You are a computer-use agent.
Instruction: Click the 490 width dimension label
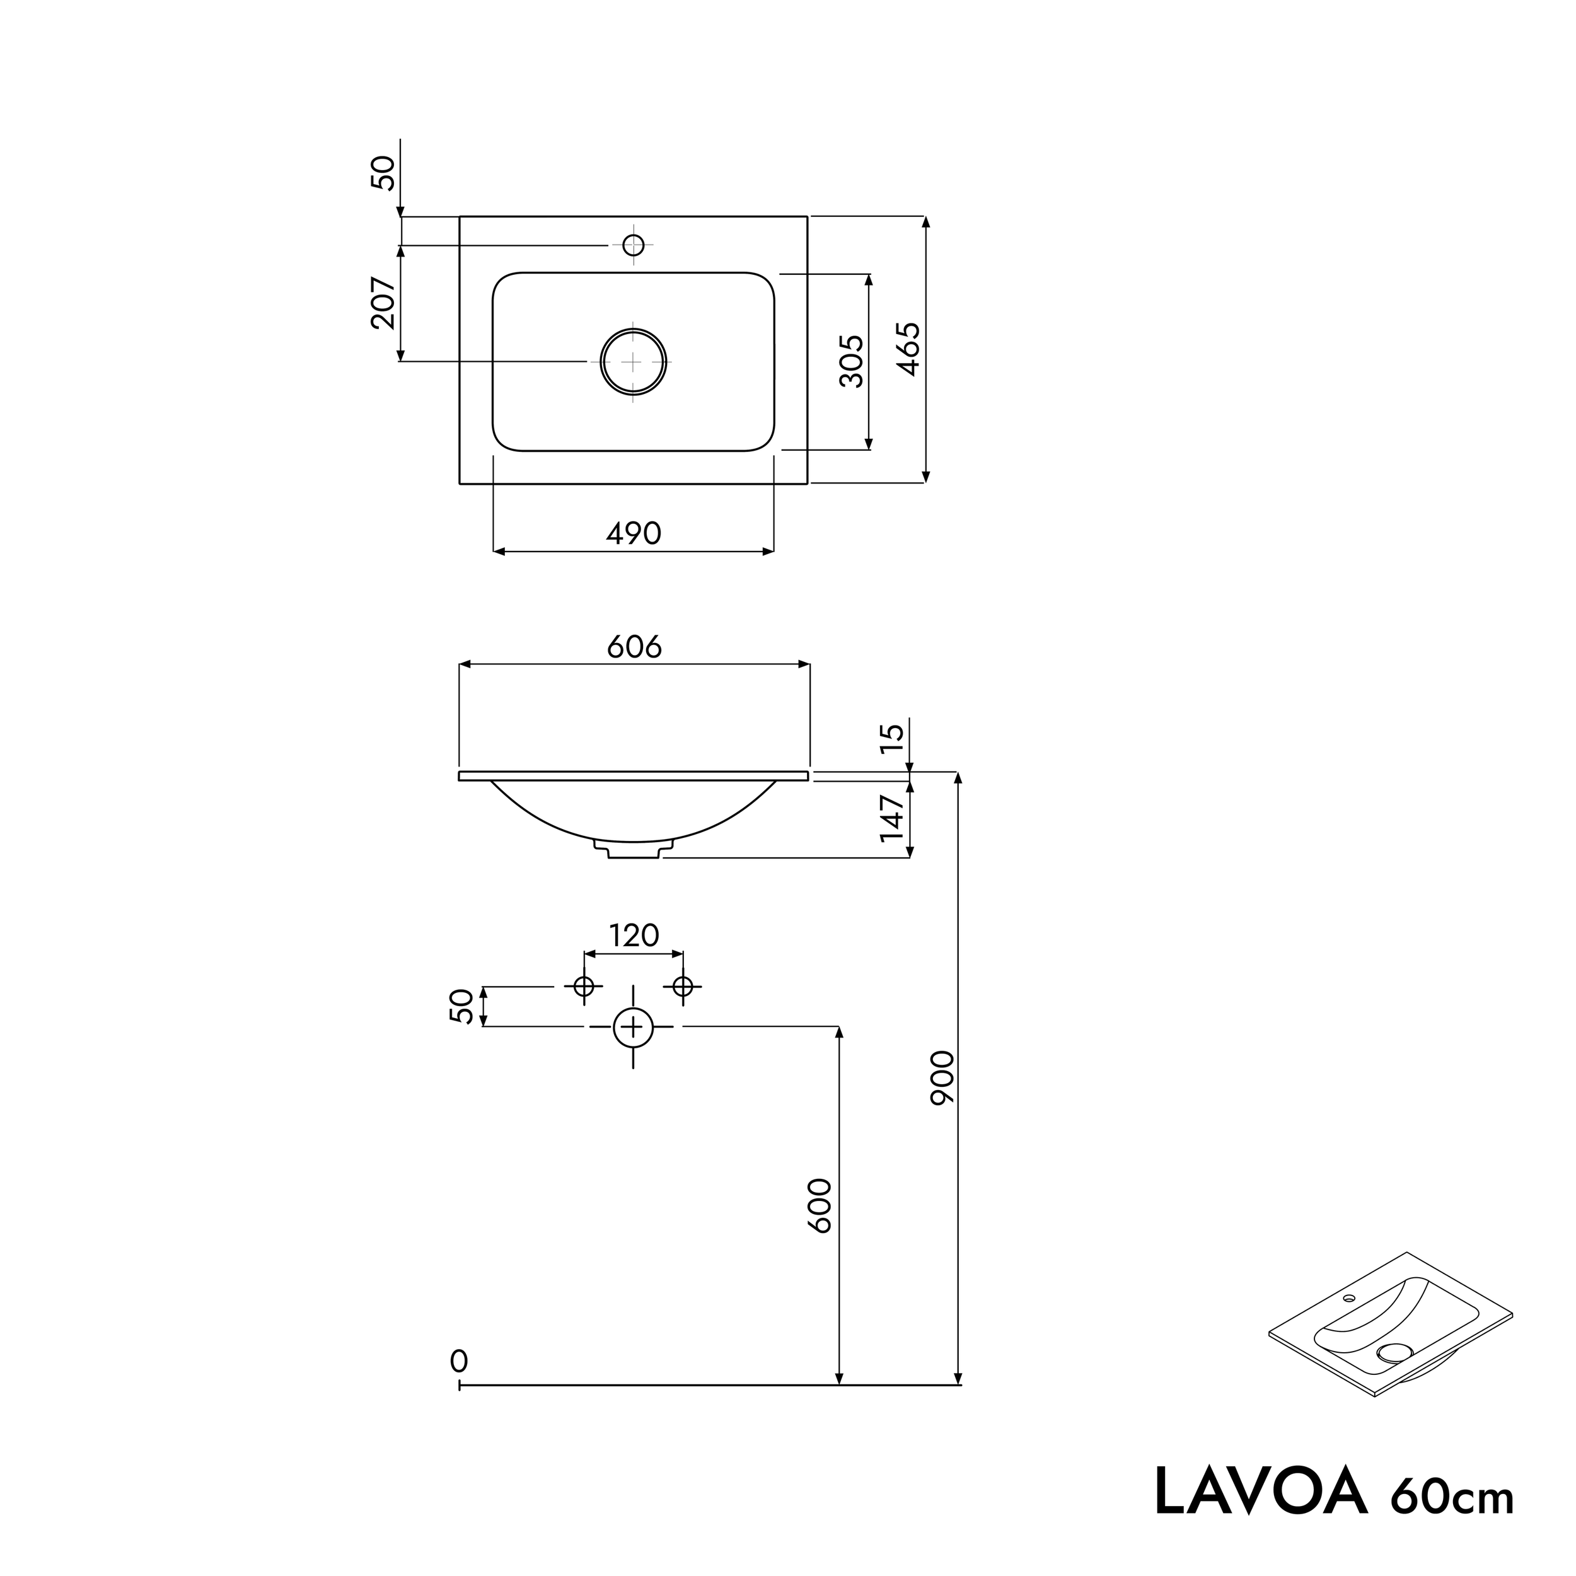[633, 533]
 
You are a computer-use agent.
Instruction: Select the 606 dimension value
[634, 647]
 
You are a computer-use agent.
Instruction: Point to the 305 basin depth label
[851, 361]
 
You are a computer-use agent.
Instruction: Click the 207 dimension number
[383, 303]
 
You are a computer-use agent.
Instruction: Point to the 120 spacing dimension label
[634, 935]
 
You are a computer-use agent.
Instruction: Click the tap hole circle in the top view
[633, 245]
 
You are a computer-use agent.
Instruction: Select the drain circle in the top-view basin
[634, 361]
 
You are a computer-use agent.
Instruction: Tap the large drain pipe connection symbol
[633, 1027]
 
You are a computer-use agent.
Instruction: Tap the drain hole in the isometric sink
[1393, 1352]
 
